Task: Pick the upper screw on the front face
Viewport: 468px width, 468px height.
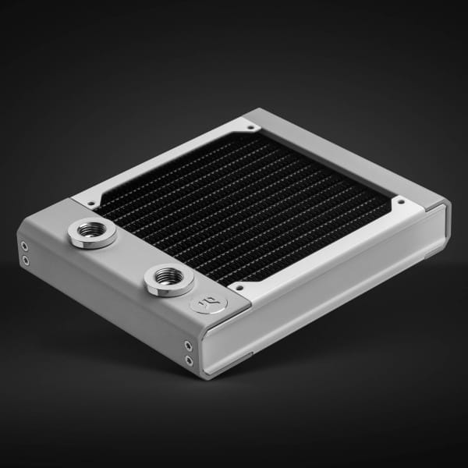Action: pos(188,344)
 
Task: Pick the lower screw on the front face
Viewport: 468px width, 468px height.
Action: pos(188,360)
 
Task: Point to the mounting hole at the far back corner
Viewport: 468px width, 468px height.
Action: pos(246,123)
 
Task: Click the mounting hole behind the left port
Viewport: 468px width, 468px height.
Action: pos(91,204)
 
